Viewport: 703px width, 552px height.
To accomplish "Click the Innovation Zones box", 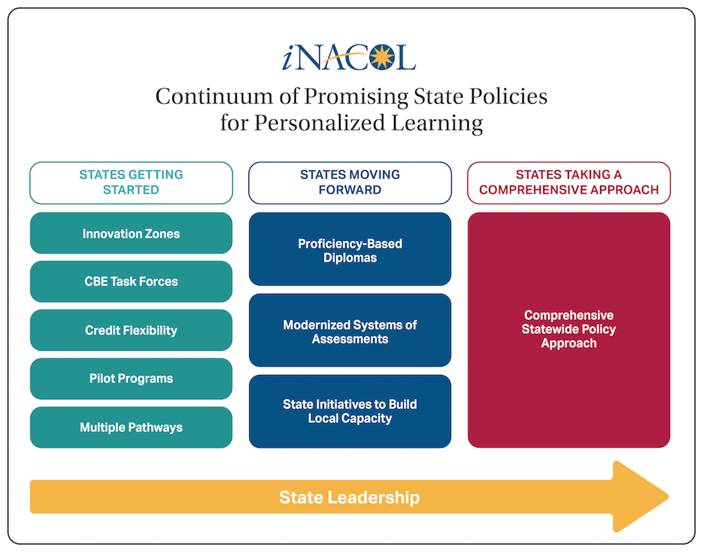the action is [131, 233].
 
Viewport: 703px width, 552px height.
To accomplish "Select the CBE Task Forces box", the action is [131, 281].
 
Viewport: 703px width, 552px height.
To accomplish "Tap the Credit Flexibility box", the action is [131, 330].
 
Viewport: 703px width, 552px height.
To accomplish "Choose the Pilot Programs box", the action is [131, 378].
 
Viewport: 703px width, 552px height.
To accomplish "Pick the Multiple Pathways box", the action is [131, 427].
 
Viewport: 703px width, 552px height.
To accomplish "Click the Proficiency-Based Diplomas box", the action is [349, 249].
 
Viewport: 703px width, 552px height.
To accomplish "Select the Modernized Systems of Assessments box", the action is [349, 330].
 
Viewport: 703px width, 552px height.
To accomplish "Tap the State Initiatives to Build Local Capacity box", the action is [349, 411].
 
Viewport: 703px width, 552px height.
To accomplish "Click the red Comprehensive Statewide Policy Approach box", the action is [568, 330].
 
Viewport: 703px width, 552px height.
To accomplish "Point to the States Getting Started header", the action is [131, 183].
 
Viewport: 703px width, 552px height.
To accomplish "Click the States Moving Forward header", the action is [349, 183].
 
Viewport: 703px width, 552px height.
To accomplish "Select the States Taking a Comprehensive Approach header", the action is [568, 183].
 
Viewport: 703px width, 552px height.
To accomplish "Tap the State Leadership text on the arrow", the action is [349, 497].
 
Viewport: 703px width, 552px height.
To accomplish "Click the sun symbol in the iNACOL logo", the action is [382, 57].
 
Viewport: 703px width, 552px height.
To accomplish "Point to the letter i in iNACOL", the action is [288, 58].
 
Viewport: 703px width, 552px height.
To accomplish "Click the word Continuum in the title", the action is [214, 96].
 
